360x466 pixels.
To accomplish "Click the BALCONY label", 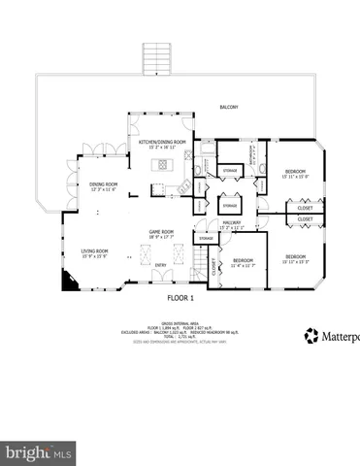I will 228,108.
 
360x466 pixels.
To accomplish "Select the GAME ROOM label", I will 160,232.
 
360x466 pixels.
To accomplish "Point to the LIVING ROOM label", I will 94,251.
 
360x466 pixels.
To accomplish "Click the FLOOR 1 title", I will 181,297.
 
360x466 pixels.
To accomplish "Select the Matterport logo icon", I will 311,335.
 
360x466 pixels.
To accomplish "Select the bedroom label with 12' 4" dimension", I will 244,262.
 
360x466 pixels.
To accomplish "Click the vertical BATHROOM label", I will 249,156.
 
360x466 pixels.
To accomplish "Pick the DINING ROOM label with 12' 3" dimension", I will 104,185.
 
